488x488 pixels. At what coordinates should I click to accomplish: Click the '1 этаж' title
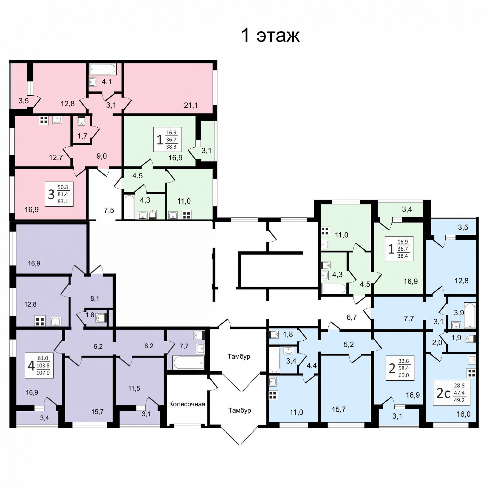pos(270,35)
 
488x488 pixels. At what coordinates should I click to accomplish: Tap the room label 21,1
pos(191,105)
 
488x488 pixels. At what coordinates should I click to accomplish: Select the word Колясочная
pos(187,404)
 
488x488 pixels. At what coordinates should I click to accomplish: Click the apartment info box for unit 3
pos(59,194)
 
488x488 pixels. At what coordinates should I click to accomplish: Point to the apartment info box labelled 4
pos(39,365)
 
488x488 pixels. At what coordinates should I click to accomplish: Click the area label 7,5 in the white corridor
pos(109,210)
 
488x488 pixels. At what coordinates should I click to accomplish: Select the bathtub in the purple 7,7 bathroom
pos(188,363)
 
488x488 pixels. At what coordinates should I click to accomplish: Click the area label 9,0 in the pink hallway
pos(102,156)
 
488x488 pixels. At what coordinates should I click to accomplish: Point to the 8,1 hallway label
pos(95,299)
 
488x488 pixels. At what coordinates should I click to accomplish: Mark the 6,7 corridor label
pos(351,317)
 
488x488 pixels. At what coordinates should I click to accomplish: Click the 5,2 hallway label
pos(349,344)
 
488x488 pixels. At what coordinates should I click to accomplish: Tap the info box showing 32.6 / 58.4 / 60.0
pos(400,368)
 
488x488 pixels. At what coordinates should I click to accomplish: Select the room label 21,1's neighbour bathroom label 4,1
pos(107,81)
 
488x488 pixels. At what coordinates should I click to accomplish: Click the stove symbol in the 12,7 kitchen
pos(44,120)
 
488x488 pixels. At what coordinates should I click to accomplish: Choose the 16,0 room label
pos(464,414)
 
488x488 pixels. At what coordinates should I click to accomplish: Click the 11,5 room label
pos(134,388)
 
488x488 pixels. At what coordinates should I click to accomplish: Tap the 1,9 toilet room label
pos(456,338)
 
